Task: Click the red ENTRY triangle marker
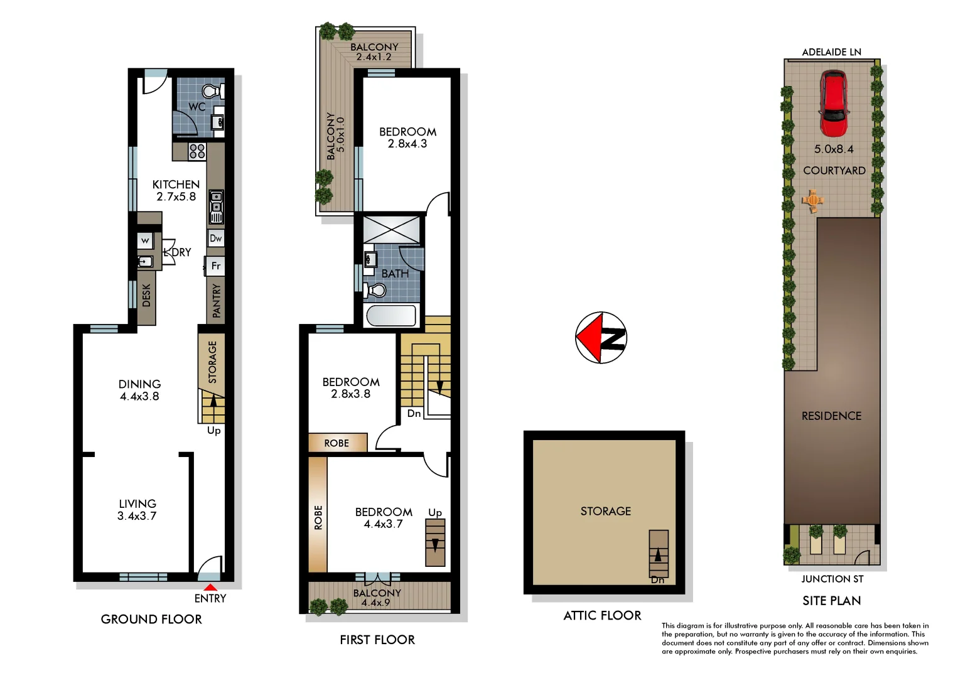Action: pos(211,588)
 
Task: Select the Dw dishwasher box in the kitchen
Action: pos(216,238)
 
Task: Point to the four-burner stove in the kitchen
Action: pos(197,151)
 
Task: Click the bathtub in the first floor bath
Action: pos(391,315)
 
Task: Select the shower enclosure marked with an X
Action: pos(391,229)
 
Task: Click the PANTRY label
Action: pos(217,300)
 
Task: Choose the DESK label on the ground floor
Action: pos(146,295)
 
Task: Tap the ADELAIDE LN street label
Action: pos(831,52)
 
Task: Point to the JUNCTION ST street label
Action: pos(832,579)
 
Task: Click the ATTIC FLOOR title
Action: pos(602,616)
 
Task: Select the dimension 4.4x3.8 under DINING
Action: pos(139,396)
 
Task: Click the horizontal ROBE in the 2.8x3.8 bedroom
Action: pos(337,443)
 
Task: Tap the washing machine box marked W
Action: pos(145,240)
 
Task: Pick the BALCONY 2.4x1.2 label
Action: pos(374,51)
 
